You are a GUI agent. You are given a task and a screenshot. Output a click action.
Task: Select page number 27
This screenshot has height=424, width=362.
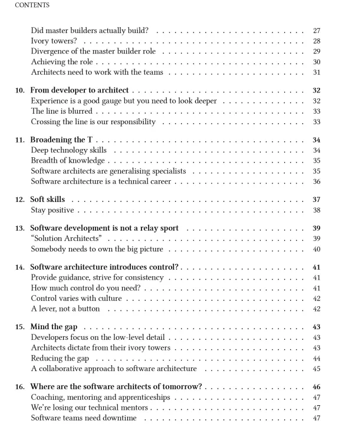point(316,30)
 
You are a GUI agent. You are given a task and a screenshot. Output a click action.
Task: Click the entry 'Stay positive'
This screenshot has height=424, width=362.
point(52,210)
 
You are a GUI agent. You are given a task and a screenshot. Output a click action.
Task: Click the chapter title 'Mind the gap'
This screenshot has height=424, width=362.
point(54,326)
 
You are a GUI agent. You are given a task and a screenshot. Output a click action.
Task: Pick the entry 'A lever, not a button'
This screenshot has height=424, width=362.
point(65,309)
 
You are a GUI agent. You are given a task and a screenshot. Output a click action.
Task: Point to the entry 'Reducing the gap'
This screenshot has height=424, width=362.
point(60,358)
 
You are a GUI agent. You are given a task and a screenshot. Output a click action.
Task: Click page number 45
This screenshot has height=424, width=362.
point(316,369)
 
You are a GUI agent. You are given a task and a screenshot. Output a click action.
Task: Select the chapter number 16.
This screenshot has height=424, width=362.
point(19,387)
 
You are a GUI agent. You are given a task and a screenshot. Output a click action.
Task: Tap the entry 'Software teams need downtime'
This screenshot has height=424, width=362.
point(83,418)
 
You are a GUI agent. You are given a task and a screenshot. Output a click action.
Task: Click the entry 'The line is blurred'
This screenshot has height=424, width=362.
point(62,111)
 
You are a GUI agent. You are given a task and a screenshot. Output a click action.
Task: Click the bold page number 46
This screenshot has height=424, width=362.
point(316,387)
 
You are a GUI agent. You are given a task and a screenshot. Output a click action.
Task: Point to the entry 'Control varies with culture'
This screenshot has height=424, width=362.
point(76,299)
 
